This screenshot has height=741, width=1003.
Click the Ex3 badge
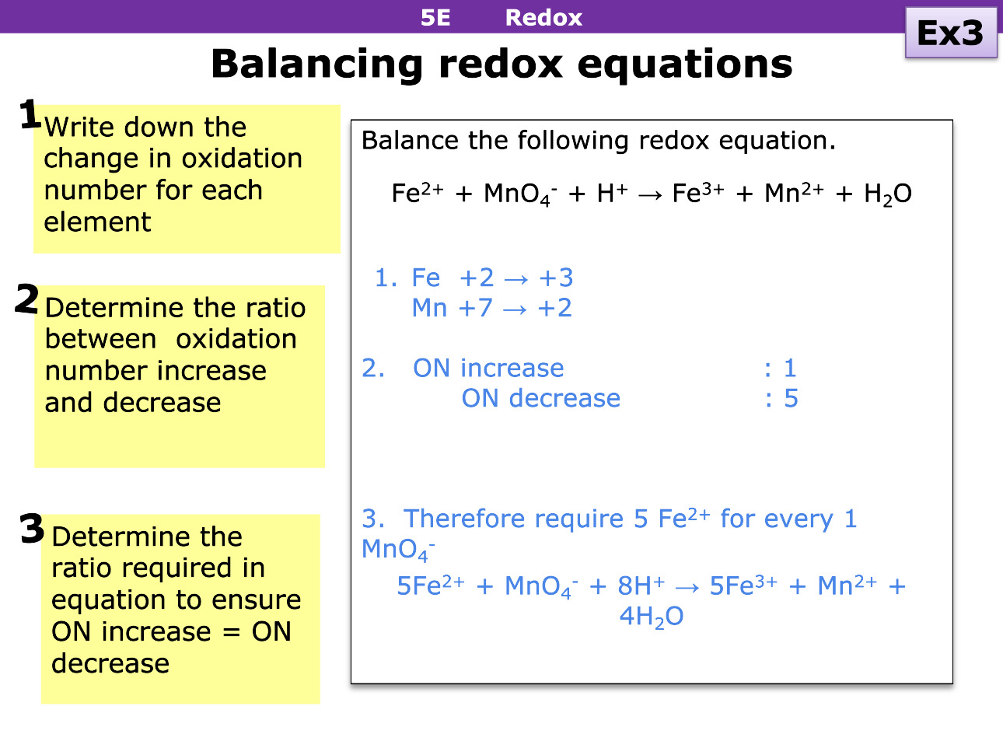950,33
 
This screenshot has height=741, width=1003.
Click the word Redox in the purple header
543,17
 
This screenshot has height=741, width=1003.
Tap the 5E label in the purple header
435,17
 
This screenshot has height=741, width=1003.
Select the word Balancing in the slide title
316,64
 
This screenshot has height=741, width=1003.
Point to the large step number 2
26,299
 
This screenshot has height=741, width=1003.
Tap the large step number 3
32,529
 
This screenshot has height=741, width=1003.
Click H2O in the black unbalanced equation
887,194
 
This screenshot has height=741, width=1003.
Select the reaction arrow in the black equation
649,194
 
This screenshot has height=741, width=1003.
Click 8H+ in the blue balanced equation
641,586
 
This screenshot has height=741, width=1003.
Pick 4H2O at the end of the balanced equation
651,617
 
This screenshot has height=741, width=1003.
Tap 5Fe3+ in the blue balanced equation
743,586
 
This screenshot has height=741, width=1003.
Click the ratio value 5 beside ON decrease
791,399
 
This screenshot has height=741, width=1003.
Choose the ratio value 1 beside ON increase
790,368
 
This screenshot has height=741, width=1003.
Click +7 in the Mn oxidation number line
475,308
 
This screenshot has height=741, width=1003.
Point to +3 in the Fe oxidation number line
556,278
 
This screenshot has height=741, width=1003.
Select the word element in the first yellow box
97,222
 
